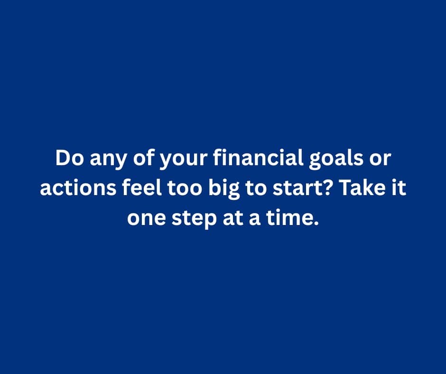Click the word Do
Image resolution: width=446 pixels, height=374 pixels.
pyautogui.click(x=69, y=158)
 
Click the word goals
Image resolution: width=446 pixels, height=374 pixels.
pyautogui.click(x=336, y=159)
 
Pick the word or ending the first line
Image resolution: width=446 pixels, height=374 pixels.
pyautogui.click(x=380, y=160)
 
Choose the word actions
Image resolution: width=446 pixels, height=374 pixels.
pyautogui.click(x=78, y=188)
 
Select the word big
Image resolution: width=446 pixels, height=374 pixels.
pyautogui.click(x=224, y=189)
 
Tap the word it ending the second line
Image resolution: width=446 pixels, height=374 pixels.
pyautogui.click(x=399, y=187)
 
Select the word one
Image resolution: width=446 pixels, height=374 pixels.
pyautogui.click(x=146, y=219)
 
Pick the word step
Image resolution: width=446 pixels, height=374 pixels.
pyautogui.click(x=194, y=220)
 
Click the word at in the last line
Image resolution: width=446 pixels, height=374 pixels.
pyautogui.click(x=233, y=218)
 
